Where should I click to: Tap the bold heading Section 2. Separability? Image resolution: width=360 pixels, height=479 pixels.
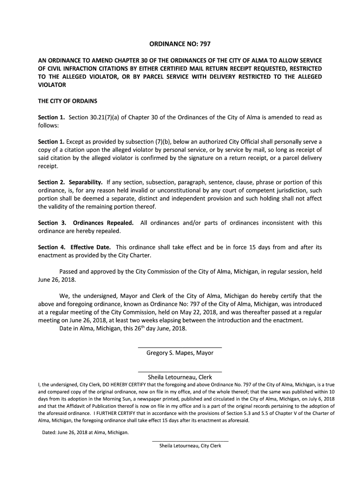(x=71, y=182)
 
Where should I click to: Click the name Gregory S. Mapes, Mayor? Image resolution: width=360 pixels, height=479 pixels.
(x=180, y=353)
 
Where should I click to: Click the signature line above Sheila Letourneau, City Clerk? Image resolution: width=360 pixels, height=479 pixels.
(x=190, y=441)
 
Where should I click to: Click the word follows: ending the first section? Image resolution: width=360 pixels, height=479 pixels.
(x=47, y=126)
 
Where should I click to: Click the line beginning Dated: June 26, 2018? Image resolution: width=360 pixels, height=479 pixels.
(x=85, y=432)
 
